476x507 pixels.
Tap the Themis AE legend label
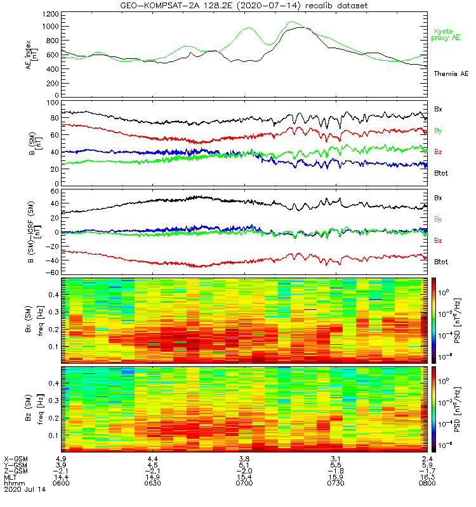[450, 74]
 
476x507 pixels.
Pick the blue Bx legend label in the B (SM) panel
[439, 109]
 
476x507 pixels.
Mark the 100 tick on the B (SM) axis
[53, 102]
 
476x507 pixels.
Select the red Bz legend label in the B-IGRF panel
[439, 240]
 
